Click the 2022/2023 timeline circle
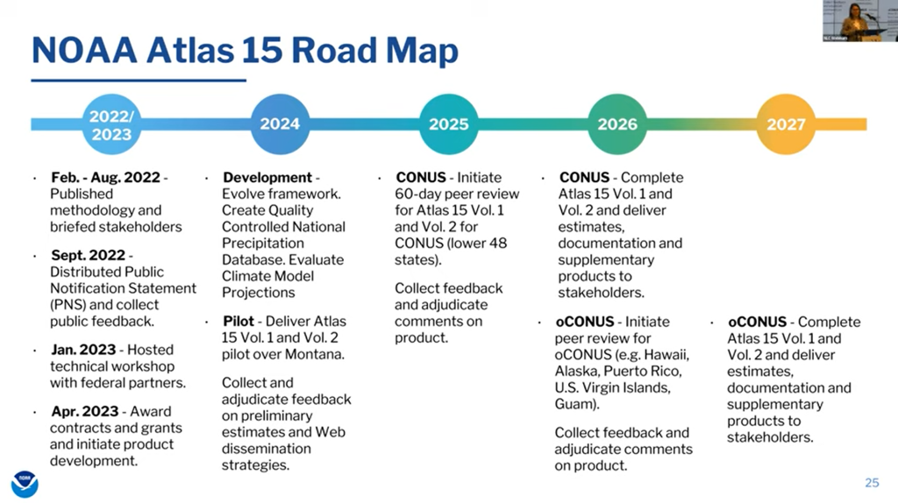pyautogui.click(x=111, y=124)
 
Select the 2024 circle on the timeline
pyautogui.click(x=280, y=124)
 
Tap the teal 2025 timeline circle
pyautogui.click(x=448, y=124)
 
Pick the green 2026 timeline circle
pyautogui.click(x=617, y=124)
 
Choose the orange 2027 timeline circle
pyautogui.click(x=786, y=124)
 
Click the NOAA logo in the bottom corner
pyautogui.click(x=25, y=484)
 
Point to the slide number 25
pyautogui.click(x=872, y=483)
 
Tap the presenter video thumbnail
pyautogui.click(x=860, y=21)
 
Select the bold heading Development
pyautogui.click(x=267, y=177)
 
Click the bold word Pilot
pyautogui.click(x=239, y=321)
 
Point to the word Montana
pyautogui.click(x=315, y=354)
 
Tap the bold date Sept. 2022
pyautogui.click(x=89, y=255)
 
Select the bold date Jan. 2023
pyautogui.click(x=83, y=350)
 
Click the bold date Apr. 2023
pyautogui.click(x=85, y=412)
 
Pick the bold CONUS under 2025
pyautogui.click(x=421, y=177)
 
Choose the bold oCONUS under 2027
pyautogui.click(x=757, y=322)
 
